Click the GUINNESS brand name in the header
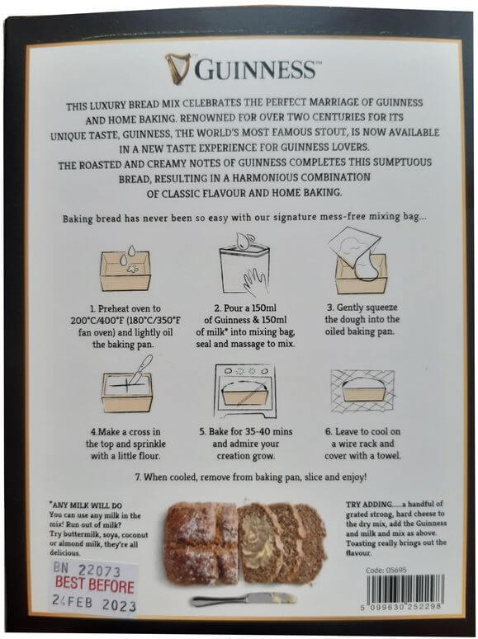[x=254, y=69]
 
